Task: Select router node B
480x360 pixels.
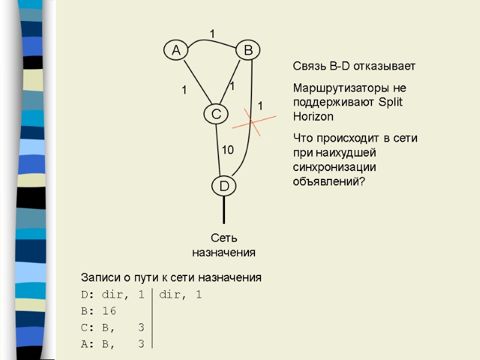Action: click(247, 51)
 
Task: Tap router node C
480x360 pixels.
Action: click(215, 113)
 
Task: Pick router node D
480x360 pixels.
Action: click(223, 187)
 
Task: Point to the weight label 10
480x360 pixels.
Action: click(228, 149)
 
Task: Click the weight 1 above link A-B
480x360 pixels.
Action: click(211, 31)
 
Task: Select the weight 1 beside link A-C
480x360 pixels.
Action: click(184, 91)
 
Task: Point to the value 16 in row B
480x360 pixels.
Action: click(109, 311)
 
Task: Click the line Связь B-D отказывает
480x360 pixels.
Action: click(353, 66)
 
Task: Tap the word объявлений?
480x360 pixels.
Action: click(328, 181)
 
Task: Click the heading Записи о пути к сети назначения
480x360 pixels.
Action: click(171, 278)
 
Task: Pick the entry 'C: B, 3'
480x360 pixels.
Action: click(112, 327)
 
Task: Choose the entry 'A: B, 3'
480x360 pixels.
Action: click(112, 343)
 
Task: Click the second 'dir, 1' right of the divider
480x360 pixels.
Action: click(181, 295)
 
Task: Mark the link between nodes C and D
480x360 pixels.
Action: click(219, 150)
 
